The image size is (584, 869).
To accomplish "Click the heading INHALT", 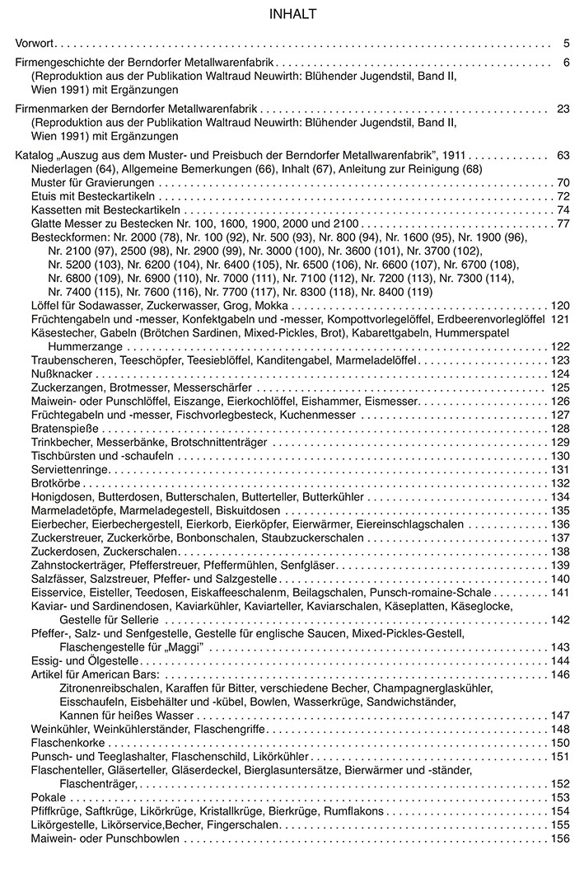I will tap(292, 14).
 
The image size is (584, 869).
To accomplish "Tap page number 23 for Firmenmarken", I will tap(563, 109).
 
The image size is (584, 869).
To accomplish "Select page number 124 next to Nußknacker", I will tap(560, 373).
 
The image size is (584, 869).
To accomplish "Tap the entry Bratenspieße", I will tap(64, 429).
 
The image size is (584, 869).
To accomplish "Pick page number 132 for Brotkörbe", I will tap(560, 483).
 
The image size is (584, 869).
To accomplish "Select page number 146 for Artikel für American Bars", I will tap(560, 674).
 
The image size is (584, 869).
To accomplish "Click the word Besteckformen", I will tap(66, 237).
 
